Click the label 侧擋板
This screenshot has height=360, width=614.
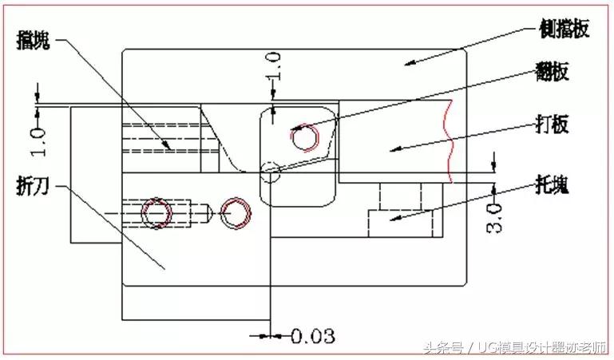click(x=564, y=30)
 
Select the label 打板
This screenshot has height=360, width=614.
click(x=551, y=127)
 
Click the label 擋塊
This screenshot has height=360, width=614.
click(x=34, y=42)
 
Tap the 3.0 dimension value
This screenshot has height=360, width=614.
click(x=495, y=217)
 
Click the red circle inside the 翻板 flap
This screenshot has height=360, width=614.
click(x=304, y=139)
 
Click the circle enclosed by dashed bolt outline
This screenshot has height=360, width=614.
click(x=156, y=213)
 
